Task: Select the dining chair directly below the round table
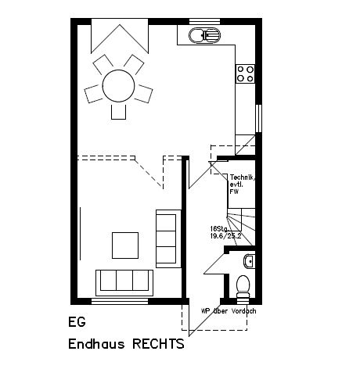pos(119,111)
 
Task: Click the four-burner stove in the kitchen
pos(245,73)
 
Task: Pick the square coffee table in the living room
pos(125,245)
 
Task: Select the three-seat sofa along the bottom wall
pos(123,279)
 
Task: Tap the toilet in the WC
pos(242,285)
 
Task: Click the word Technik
pos(240,178)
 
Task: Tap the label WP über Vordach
pos(228,310)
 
